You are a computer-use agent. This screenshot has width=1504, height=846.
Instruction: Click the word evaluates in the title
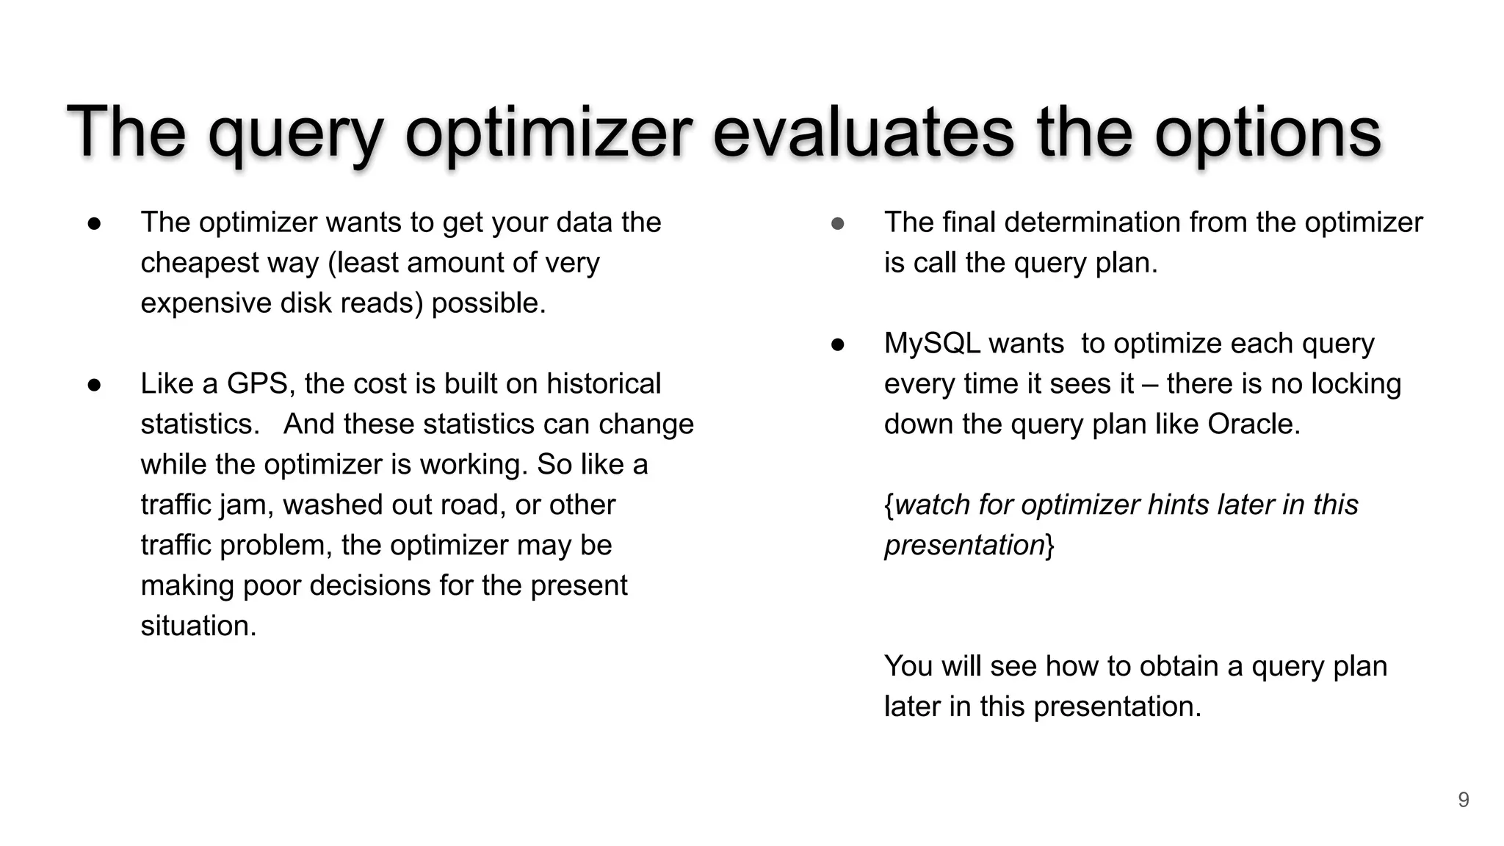(x=864, y=132)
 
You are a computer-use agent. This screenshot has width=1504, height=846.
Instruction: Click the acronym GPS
(x=256, y=384)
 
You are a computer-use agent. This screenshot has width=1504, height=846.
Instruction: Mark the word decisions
(x=370, y=586)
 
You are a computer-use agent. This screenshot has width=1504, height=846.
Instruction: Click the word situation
(x=198, y=626)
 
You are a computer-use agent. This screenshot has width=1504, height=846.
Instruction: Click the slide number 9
(x=1463, y=800)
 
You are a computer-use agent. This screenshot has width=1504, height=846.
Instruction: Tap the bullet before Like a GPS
(x=94, y=385)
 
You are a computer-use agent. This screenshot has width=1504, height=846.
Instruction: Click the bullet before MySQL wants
(x=837, y=344)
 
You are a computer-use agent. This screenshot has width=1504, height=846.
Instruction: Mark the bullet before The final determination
(x=837, y=223)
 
